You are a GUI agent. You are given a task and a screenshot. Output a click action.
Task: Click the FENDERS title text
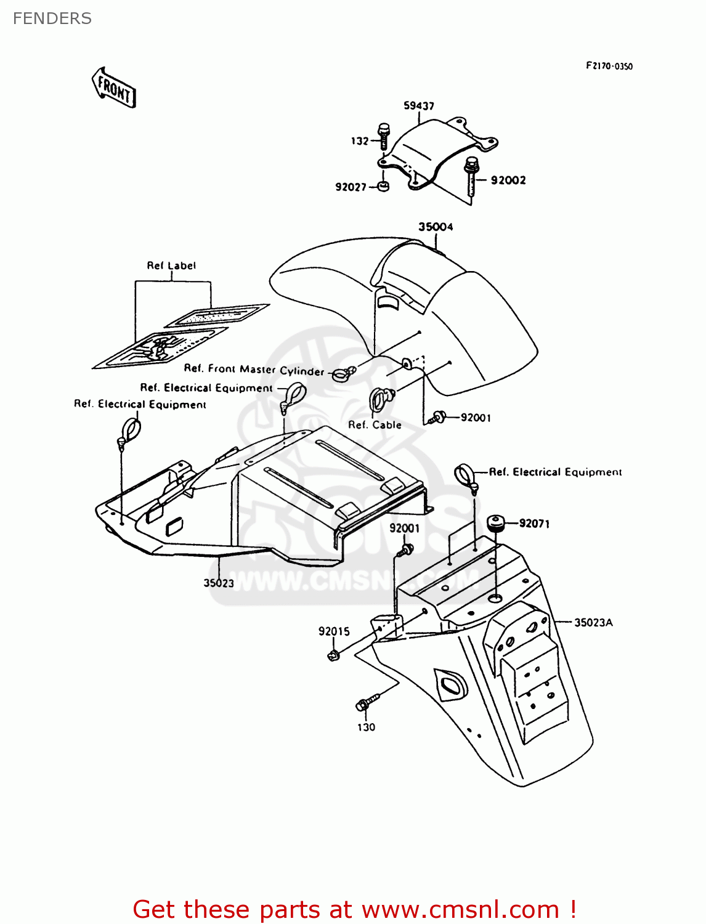click(x=52, y=18)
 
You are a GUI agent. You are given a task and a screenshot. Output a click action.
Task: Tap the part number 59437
click(x=419, y=106)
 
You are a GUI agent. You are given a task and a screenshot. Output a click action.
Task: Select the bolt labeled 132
click(x=383, y=136)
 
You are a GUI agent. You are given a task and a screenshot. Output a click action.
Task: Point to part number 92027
click(x=351, y=187)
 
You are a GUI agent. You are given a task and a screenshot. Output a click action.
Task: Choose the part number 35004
click(x=436, y=227)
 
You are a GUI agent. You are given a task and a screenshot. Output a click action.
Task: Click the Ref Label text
click(x=171, y=265)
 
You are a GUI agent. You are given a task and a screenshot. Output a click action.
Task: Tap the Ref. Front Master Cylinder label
click(x=254, y=370)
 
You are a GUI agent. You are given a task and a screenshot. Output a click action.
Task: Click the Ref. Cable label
click(x=375, y=425)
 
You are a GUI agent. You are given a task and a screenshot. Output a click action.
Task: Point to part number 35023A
click(x=593, y=622)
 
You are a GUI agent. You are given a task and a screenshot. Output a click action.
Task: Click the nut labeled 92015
click(x=334, y=655)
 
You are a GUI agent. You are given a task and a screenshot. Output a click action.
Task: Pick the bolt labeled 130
click(x=364, y=704)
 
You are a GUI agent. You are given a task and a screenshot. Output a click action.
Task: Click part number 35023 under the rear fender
click(x=219, y=583)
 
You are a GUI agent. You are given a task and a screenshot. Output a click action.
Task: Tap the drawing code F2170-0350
click(x=609, y=66)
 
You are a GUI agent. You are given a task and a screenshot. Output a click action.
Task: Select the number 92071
click(x=534, y=524)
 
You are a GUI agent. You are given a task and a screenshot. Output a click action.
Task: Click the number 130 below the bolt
click(x=366, y=727)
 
